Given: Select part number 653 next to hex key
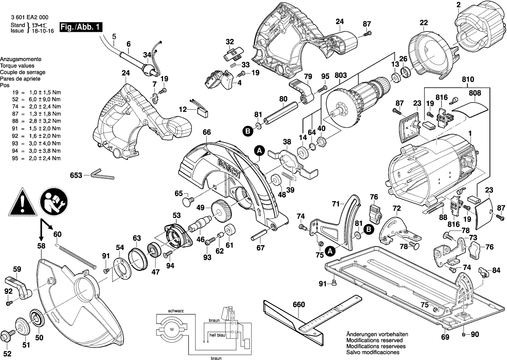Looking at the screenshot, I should pyautogui.click(x=76, y=175).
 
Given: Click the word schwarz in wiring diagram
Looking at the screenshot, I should pyautogui.click(x=176, y=311).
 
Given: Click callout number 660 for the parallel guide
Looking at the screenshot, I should pyautogui.click(x=298, y=305).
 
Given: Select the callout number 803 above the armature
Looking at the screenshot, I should pyautogui.click(x=341, y=76).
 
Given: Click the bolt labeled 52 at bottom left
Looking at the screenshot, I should pyautogui.click(x=7, y=336).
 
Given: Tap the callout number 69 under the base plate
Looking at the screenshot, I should pyautogui.click(x=445, y=337).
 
